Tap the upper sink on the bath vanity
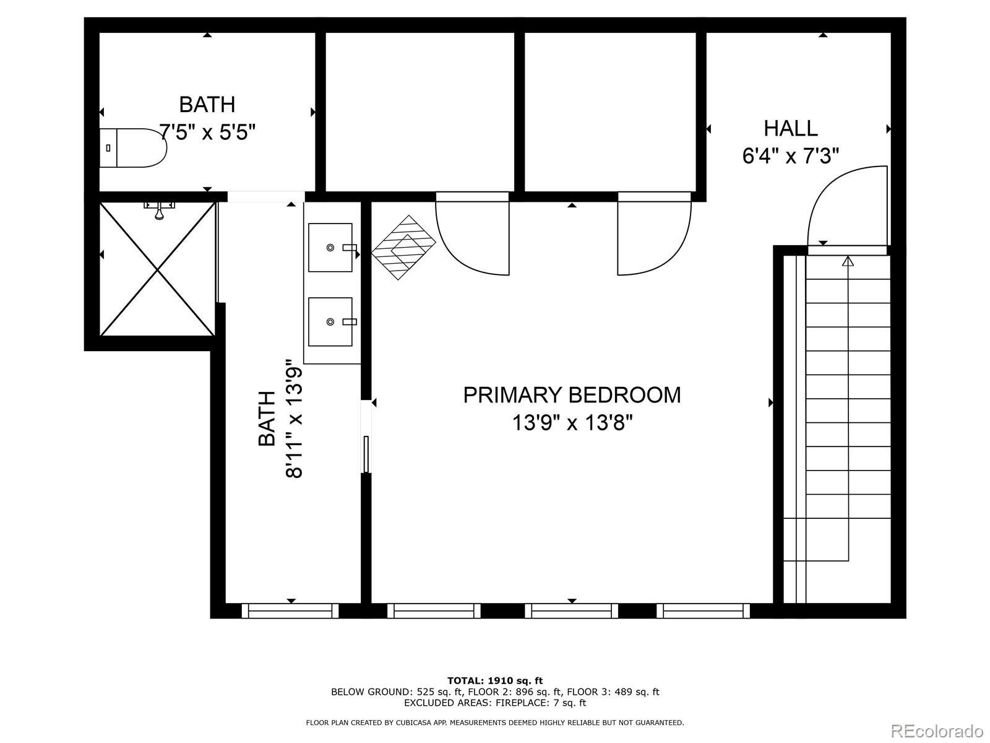pyautogui.click(x=330, y=248)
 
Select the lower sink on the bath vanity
pyautogui.click(x=330, y=322)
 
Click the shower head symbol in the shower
pyautogui.click(x=160, y=211)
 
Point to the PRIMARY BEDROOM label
pyautogui.click(x=572, y=395)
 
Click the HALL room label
pyautogui.click(x=790, y=129)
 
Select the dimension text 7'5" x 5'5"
pyautogui.click(x=207, y=132)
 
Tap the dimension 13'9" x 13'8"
pyautogui.click(x=572, y=424)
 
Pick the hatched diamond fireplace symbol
pyautogui.click(x=404, y=248)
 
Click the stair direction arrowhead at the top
pyautogui.click(x=848, y=262)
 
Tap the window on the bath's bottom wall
pyautogui.click(x=290, y=611)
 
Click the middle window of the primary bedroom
pyautogui.click(x=572, y=611)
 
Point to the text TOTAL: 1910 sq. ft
pyautogui.click(x=495, y=680)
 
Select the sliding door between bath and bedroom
pyautogui.click(x=366, y=437)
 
